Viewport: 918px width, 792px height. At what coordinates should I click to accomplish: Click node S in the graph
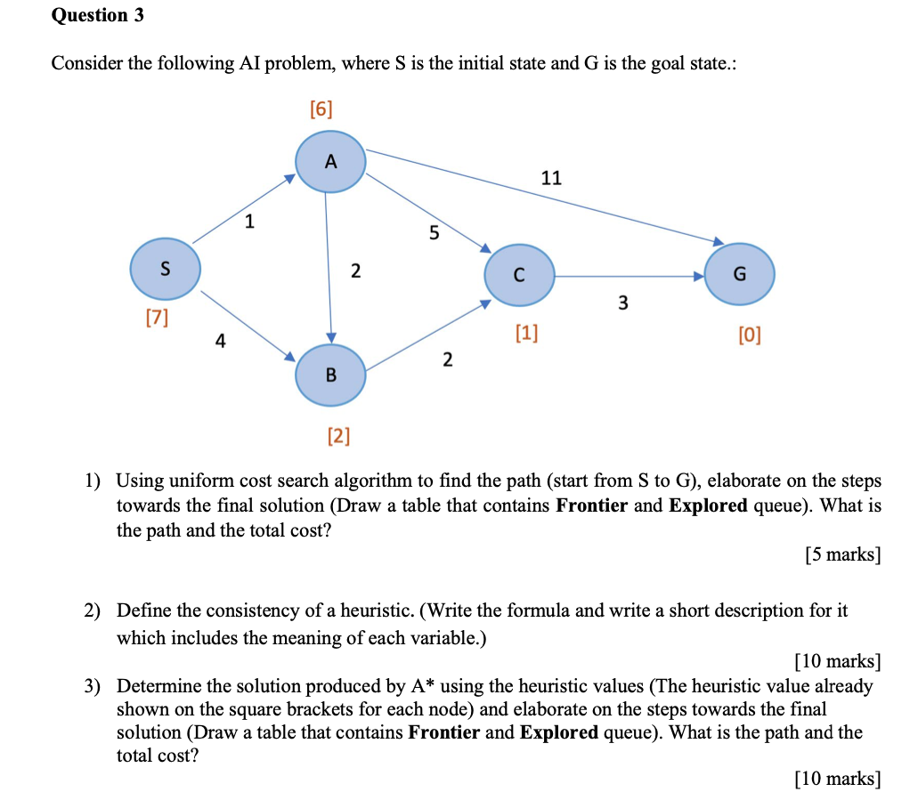click(165, 269)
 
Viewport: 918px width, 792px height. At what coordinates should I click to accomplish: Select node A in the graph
click(330, 162)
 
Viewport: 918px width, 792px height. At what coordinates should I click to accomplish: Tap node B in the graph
click(330, 375)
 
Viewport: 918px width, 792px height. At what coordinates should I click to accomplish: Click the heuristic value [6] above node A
click(321, 109)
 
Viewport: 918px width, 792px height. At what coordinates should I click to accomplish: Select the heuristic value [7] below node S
click(157, 317)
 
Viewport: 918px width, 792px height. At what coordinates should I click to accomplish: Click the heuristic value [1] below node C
click(526, 333)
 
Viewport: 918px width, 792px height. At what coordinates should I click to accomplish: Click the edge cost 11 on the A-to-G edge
click(551, 178)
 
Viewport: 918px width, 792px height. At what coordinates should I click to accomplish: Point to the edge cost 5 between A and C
click(434, 234)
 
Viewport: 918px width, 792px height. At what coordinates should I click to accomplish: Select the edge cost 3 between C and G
click(622, 304)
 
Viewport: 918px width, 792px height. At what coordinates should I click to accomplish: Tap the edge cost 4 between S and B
click(220, 340)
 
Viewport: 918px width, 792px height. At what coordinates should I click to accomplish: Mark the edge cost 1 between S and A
click(249, 222)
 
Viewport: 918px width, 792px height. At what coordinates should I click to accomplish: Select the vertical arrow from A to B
click(329, 267)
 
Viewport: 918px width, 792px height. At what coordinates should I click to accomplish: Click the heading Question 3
click(97, 15)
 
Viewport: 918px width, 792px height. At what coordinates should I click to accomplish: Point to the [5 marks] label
click(841, 555)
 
